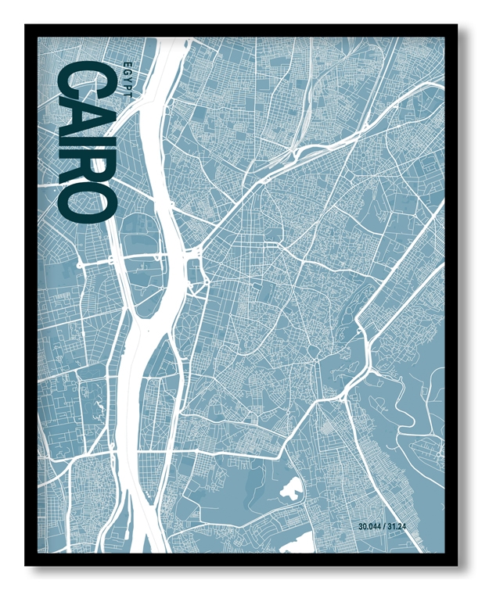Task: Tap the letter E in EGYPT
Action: tap(128, 63)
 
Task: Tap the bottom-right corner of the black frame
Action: tap(457, 564)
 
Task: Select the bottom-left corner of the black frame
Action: tap(27, 564)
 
